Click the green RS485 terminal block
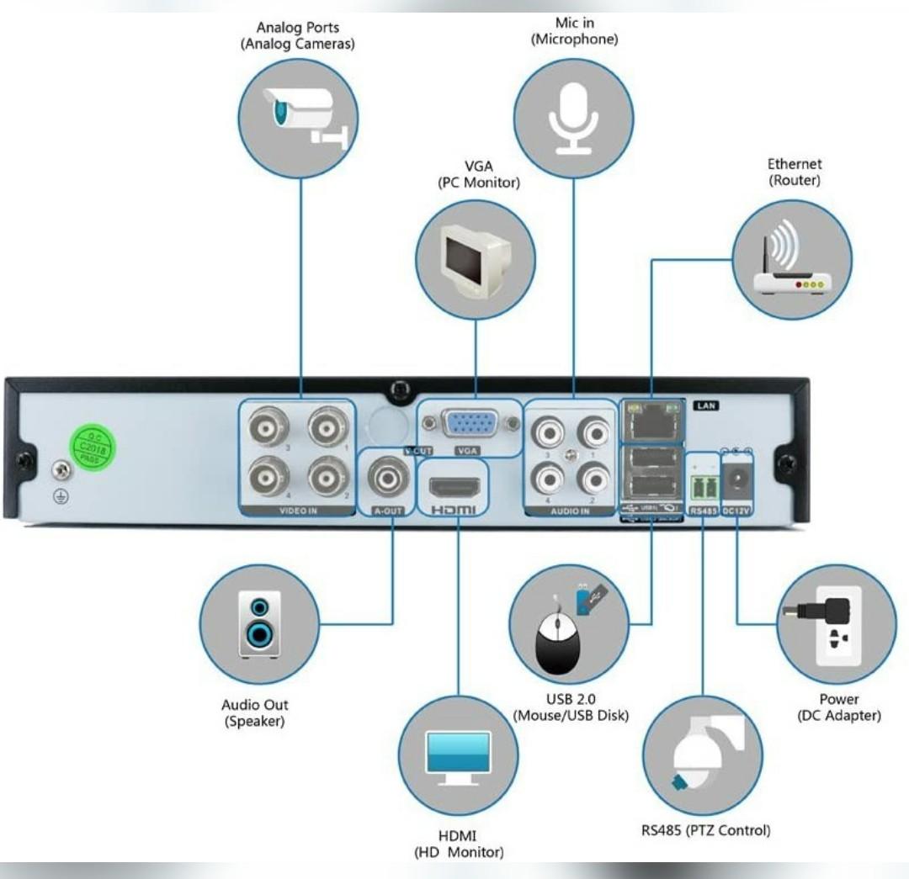click(x=703, y=487)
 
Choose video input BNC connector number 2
click(x=326, y=479)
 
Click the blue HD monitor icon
click(x=458, y=755)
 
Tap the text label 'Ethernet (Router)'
click(x=795, y=172)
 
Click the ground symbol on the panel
click(x=60, y=495)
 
